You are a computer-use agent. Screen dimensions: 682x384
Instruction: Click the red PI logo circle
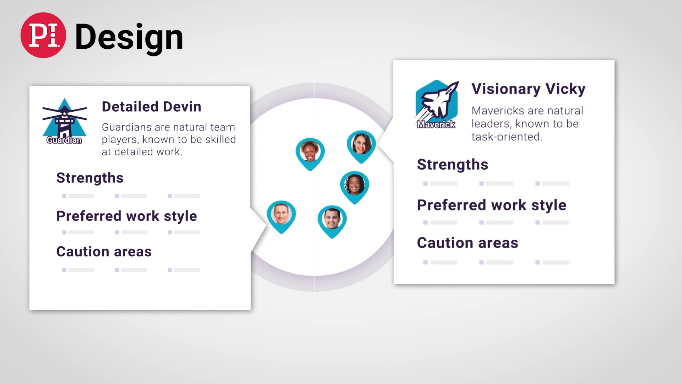click(x=43, y=35)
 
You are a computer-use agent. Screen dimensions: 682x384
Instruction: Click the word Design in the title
click(x=129, y=37)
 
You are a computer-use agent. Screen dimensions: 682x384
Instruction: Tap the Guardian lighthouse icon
click(x=64, y=121)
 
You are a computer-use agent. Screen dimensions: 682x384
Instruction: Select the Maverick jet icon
click(x=437, y=104)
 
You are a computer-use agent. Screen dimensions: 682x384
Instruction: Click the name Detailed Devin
click(x=152, y=107)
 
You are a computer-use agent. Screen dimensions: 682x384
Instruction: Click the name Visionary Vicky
click(x=528, y=89)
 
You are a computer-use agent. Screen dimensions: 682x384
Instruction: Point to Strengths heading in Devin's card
click(x=90, y=178)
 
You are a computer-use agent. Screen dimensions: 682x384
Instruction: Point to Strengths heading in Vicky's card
click(x=453, y=165)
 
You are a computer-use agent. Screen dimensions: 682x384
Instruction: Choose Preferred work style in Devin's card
click(x=126, y=216)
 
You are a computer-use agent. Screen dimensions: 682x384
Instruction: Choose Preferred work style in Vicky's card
click(x=492, y=205)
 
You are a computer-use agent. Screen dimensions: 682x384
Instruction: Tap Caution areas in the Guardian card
click(x=104, y=252)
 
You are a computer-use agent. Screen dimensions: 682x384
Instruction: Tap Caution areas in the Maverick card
click(x=467, y=243)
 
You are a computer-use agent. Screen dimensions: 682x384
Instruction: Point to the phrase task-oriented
click(x=507, y=137)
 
